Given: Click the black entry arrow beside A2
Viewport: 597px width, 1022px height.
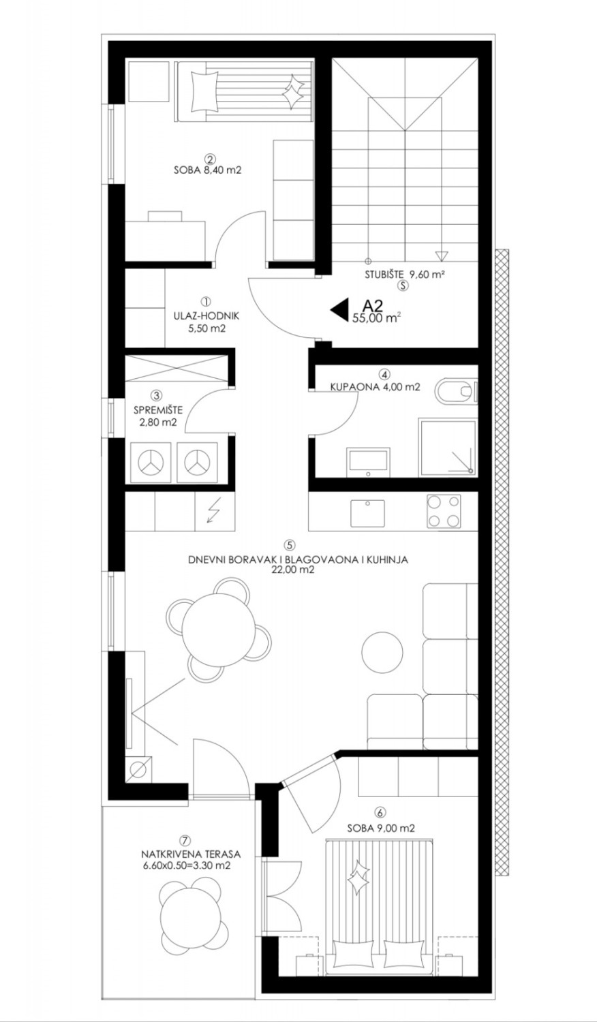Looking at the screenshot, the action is point(339,310).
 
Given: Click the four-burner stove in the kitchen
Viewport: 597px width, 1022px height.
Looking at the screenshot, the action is point(444,512).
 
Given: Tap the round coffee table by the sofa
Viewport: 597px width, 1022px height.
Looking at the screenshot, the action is point(382,652).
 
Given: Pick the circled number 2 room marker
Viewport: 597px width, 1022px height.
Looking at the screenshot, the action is point(209,159).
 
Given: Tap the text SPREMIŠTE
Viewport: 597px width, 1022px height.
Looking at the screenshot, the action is point(158,410).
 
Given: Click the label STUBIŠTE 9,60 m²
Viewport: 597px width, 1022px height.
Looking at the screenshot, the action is point(405,275).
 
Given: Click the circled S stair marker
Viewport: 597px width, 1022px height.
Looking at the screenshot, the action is point(403,285).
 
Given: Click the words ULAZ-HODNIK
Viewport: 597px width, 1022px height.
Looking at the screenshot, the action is point(206,315).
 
